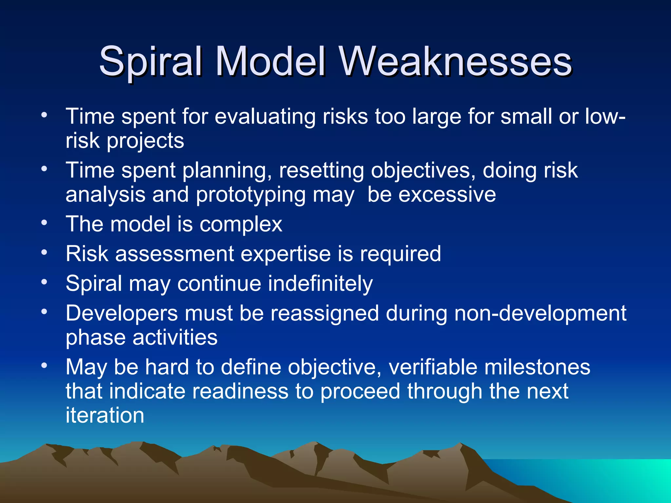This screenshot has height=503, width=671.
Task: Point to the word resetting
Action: click(x=321, y=171)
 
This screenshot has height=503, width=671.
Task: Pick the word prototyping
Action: click(x=251, y=195)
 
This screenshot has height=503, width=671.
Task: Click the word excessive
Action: click(x=447, y=195)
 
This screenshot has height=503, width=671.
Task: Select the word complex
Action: click(x=241, y=224)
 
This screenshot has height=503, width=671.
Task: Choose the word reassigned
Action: click(x=324, y=313)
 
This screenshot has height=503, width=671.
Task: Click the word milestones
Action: click(x=537, y=367)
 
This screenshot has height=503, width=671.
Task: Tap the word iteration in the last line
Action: click(x=105, y=416)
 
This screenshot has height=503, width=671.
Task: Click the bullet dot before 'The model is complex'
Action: click(x=44, y=223)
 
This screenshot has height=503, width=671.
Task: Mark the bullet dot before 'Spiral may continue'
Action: click(x=44, y=282)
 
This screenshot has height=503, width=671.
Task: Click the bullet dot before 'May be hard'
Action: click(x=44, y=365)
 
